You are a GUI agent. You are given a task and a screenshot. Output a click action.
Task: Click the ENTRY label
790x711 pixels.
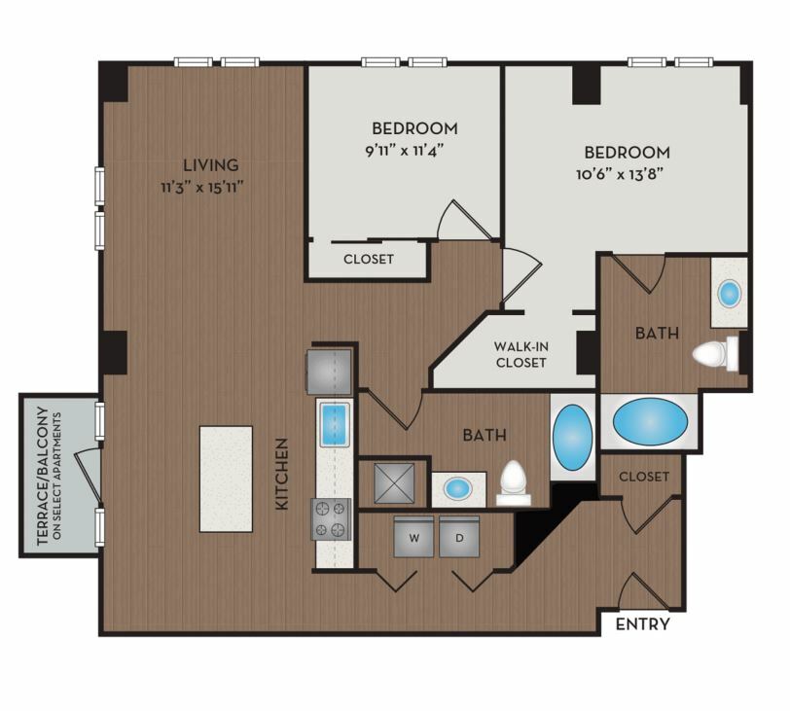(642, 623)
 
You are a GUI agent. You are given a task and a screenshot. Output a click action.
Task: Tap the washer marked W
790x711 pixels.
(413, 536)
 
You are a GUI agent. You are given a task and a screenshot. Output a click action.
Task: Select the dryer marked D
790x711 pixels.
(459, 536)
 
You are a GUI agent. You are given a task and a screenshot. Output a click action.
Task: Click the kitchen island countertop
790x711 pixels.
(227, 479)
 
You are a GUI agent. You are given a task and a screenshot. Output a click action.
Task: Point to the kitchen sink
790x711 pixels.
(335, 422)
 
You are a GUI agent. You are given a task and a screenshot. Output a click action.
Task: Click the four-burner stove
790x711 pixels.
(331, 519)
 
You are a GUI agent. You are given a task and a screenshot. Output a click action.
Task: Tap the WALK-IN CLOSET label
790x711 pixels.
(521, 354)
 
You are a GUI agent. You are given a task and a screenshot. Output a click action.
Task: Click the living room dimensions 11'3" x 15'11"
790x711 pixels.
(202, 188)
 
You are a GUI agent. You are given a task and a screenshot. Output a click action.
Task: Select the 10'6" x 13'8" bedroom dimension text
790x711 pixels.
(619, 174)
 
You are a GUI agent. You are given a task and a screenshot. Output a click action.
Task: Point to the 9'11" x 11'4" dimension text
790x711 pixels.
(407, 151)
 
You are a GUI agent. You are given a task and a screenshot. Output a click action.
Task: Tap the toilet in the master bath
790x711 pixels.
(715, 354)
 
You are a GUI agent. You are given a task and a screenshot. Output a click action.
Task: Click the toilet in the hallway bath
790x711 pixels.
(514, 482)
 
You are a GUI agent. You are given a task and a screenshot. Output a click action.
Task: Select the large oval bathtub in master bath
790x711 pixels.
(650, 421)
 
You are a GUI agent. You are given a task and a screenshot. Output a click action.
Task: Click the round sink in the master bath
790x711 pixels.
(729, 294)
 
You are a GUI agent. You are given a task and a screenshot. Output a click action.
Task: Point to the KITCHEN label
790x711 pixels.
(282, 474)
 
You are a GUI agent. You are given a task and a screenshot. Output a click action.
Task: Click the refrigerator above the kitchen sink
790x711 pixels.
(329, 372)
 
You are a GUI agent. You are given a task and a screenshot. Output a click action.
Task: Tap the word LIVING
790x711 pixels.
(210, 164)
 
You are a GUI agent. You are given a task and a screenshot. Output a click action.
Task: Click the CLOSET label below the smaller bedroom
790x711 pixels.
(369, 259)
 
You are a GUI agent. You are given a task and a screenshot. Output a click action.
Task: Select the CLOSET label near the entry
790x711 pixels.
(644, 477)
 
